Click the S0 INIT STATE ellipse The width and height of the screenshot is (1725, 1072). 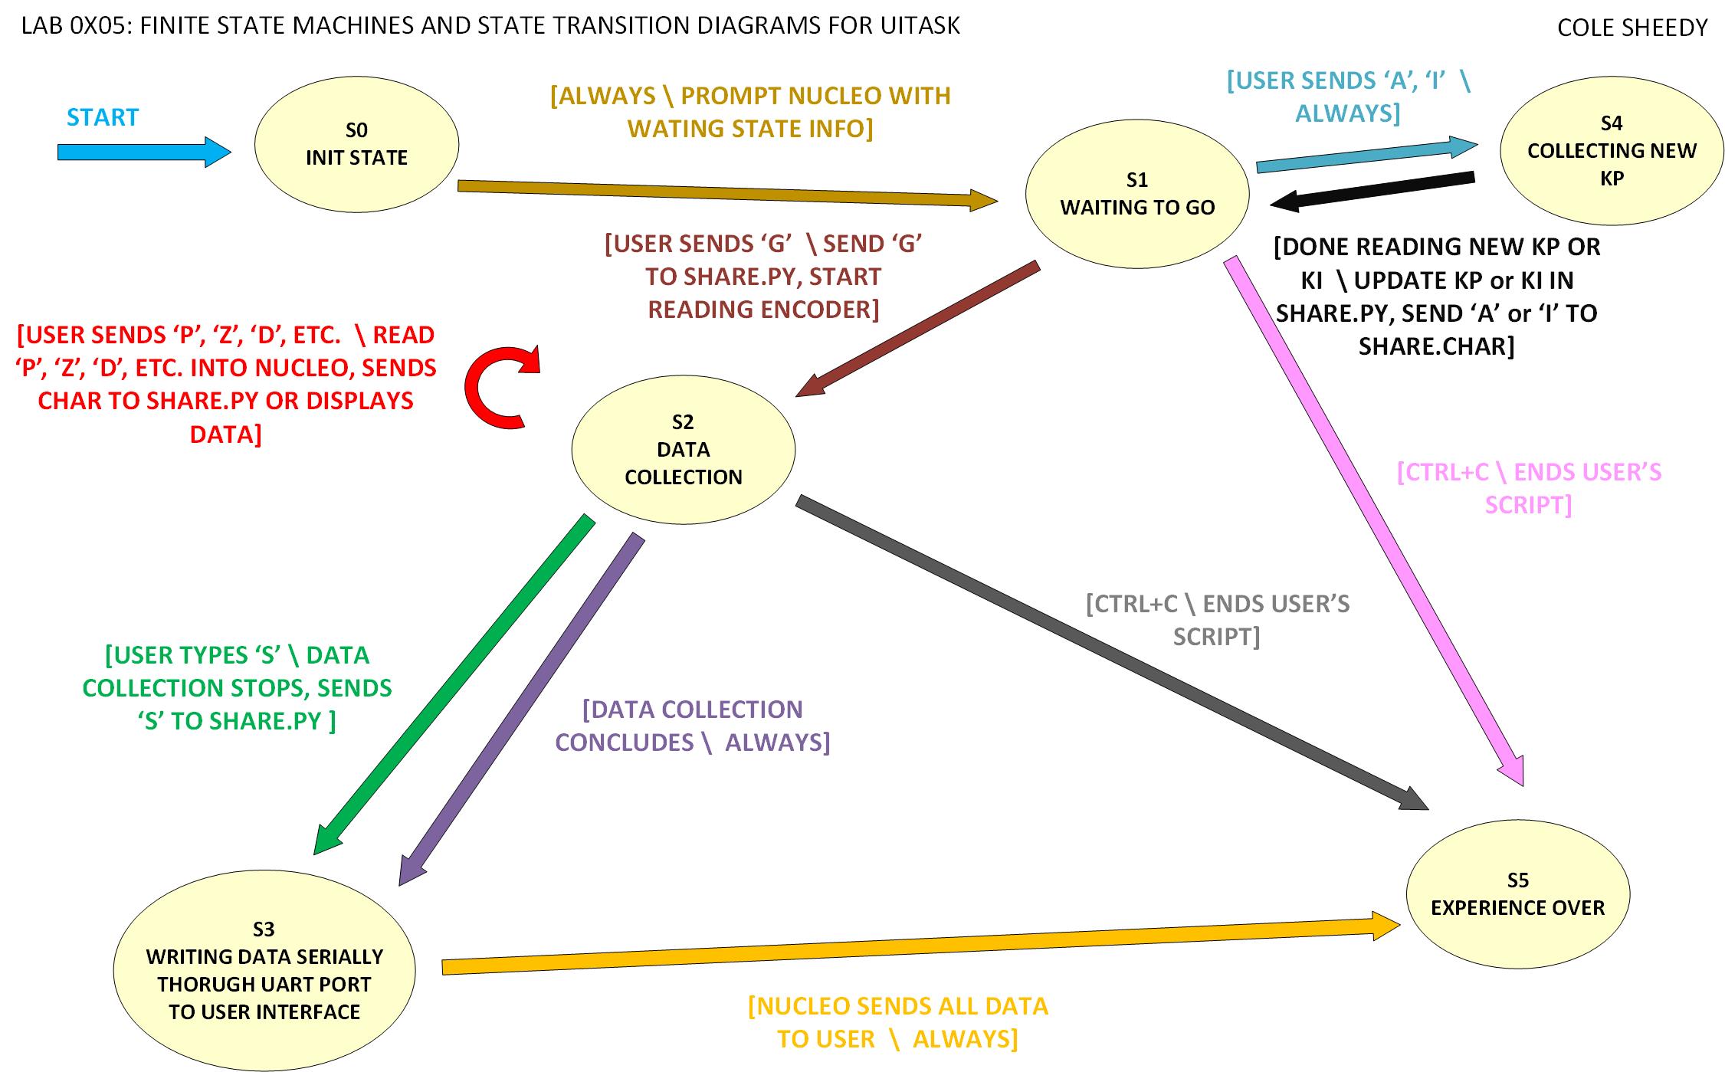(x=356, y=144)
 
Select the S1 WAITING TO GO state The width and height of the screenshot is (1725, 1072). (x=1137, y=194)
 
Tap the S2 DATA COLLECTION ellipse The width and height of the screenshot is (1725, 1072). (x=683, y=450)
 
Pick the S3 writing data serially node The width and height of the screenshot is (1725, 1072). (x=264, y=971)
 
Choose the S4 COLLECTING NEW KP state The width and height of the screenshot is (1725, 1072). (x=1611, y=151)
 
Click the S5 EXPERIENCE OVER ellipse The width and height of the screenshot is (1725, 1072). (x=1517, y=894)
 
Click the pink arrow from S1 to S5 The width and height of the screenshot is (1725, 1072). (x=1372, y=521)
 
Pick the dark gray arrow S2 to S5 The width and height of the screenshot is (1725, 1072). (x=1111, y=651)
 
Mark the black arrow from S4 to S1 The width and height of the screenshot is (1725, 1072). (x=1372, y=190)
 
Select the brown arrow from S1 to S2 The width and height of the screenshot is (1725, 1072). (x=920, y=328)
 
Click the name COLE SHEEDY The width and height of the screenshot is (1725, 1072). (x=1632, y=28)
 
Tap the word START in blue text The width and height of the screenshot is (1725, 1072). (x=103, y=117)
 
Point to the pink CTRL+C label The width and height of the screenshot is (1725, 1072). (x=1529, y=488)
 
